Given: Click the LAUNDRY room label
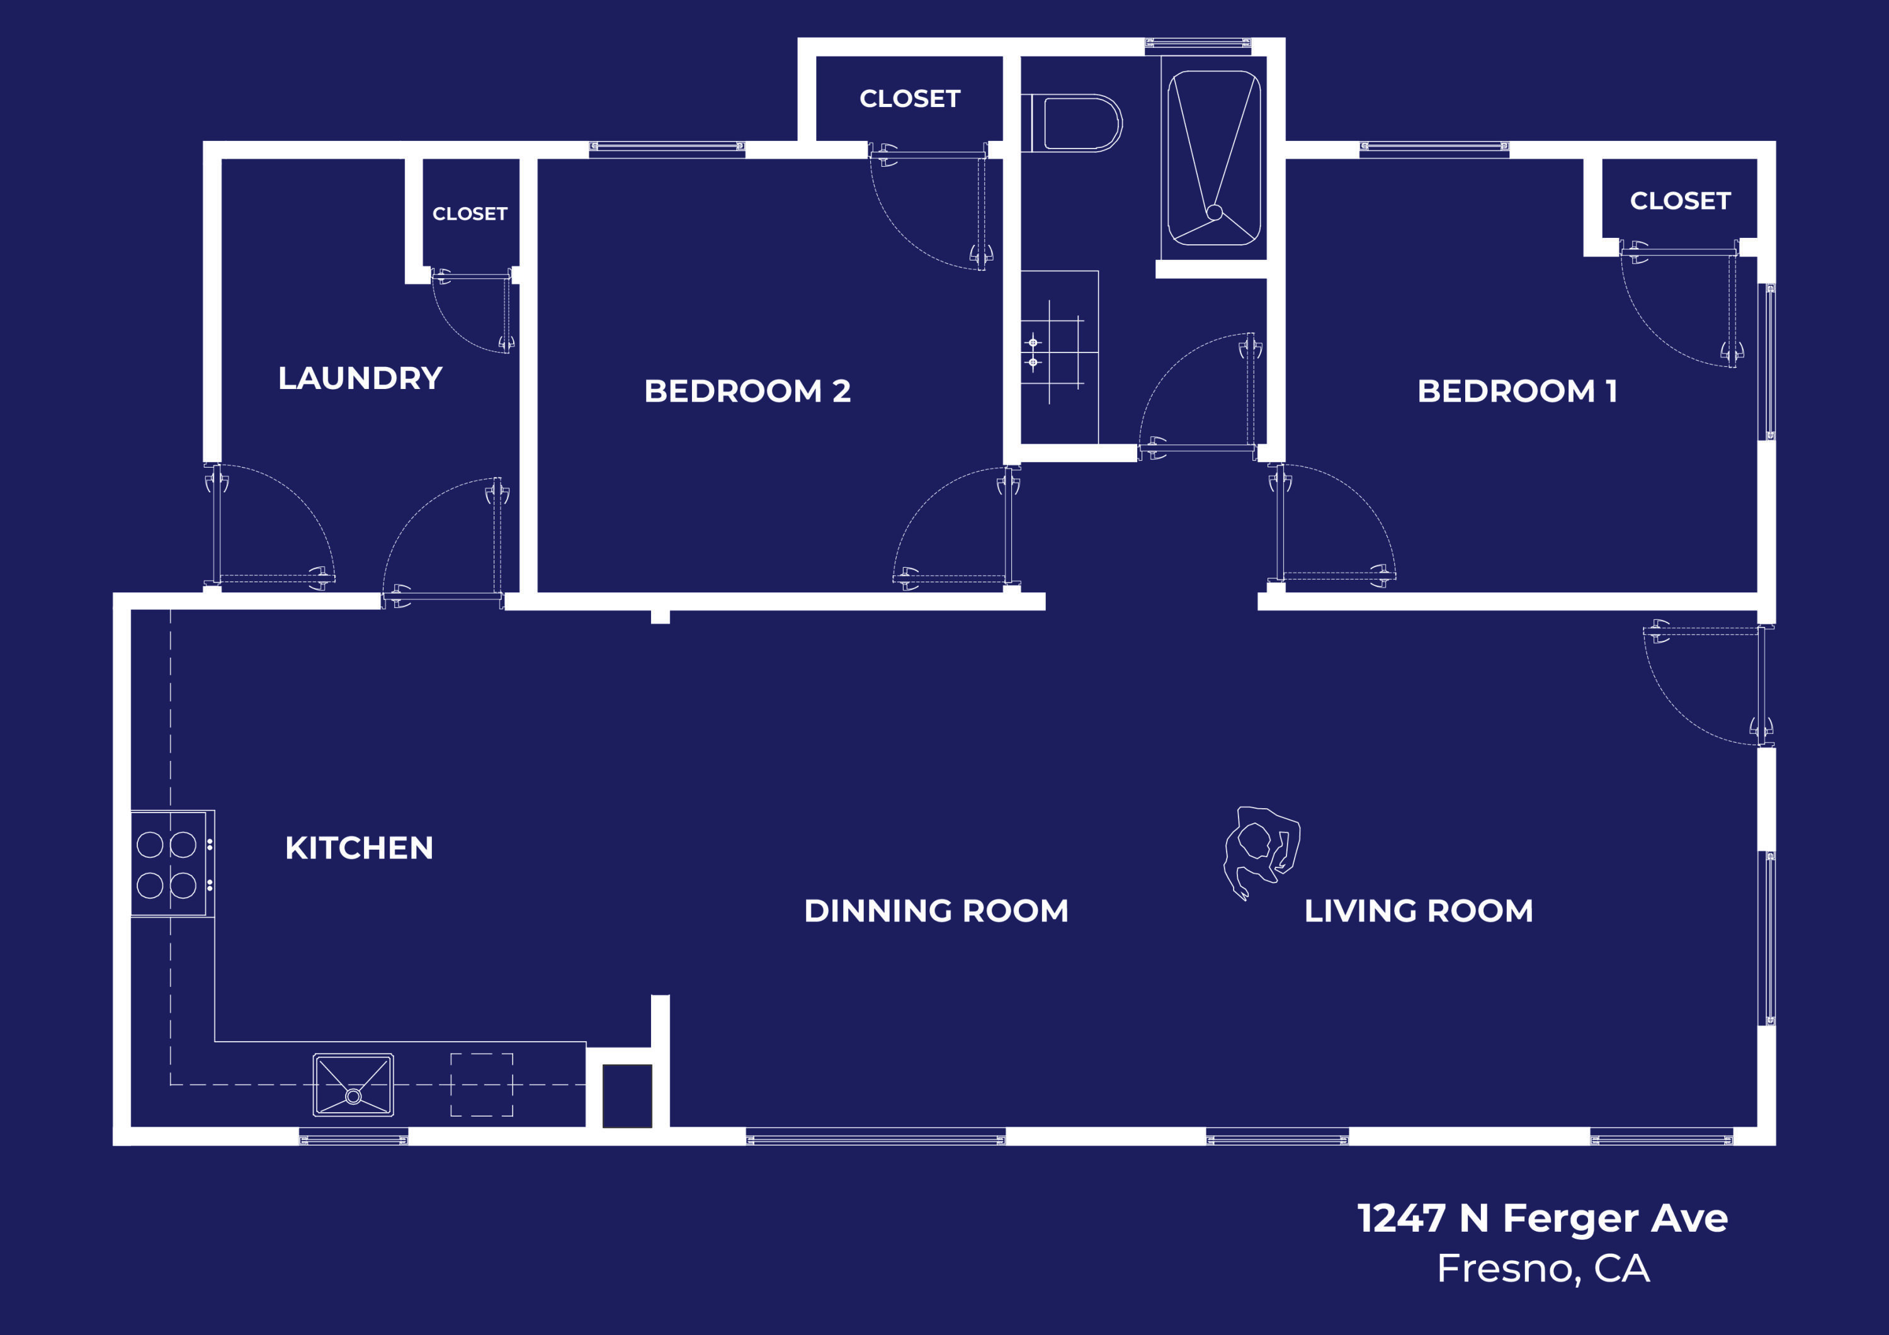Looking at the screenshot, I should (360, 378).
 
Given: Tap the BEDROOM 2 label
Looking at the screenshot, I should (747, 391).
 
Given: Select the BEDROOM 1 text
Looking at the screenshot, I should (1517, 391).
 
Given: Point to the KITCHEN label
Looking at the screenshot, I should (359, 848).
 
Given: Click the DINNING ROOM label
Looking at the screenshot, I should (936, 911).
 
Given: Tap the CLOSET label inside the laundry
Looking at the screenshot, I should (470, 214).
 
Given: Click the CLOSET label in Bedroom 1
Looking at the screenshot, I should (1680, 201).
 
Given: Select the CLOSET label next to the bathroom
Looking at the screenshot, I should (910, 99).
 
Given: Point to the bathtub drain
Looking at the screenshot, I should (1215, 212).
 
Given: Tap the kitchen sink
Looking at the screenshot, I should (353, 1085).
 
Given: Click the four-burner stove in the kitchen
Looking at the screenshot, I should (168, 864).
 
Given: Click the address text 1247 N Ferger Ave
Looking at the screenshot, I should (1542, 1218).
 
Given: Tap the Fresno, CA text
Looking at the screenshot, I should (1543, 1268).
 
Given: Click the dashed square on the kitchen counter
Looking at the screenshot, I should (481, 1085).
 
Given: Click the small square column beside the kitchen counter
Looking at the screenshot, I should (627, 1096).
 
